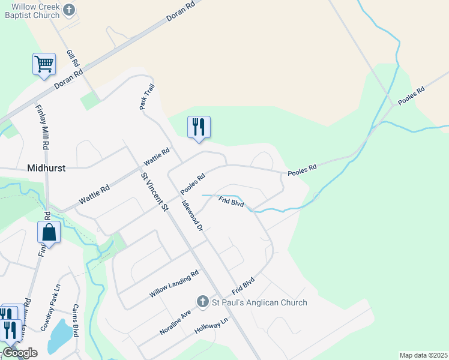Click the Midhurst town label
point(46,169)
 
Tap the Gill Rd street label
point(73,58)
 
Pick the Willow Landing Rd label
point(174,284)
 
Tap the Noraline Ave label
point(175,322)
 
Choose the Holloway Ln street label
point(212,327)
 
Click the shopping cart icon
point(44,64)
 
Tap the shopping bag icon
point(49,232)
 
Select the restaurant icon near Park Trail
point(199,127)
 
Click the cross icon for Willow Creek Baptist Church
point(69,10)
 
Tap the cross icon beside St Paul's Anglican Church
point(203,301)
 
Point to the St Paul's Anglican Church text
point(259,302)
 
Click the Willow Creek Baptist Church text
point(29,10)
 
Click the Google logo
point(20,353)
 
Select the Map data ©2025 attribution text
point(423,355)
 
